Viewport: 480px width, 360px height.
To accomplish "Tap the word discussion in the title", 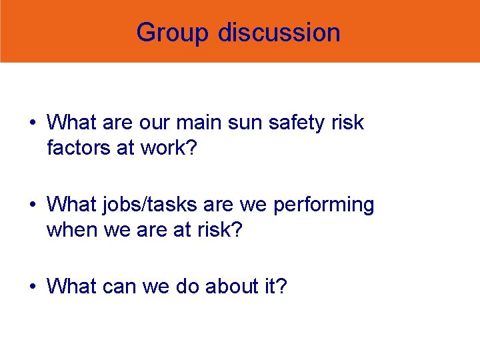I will tap(279, 32).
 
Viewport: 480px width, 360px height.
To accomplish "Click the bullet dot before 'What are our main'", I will tap(31, 123).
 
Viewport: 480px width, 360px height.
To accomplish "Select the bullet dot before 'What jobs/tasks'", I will tap(31, 205).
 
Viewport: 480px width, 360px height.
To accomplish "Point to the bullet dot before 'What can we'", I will tap(31, 287).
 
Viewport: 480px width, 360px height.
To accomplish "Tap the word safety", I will tap(290, 123).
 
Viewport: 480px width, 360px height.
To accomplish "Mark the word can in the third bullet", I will tap(120, 287).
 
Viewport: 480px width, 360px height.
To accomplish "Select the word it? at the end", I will tap(274, 287).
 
